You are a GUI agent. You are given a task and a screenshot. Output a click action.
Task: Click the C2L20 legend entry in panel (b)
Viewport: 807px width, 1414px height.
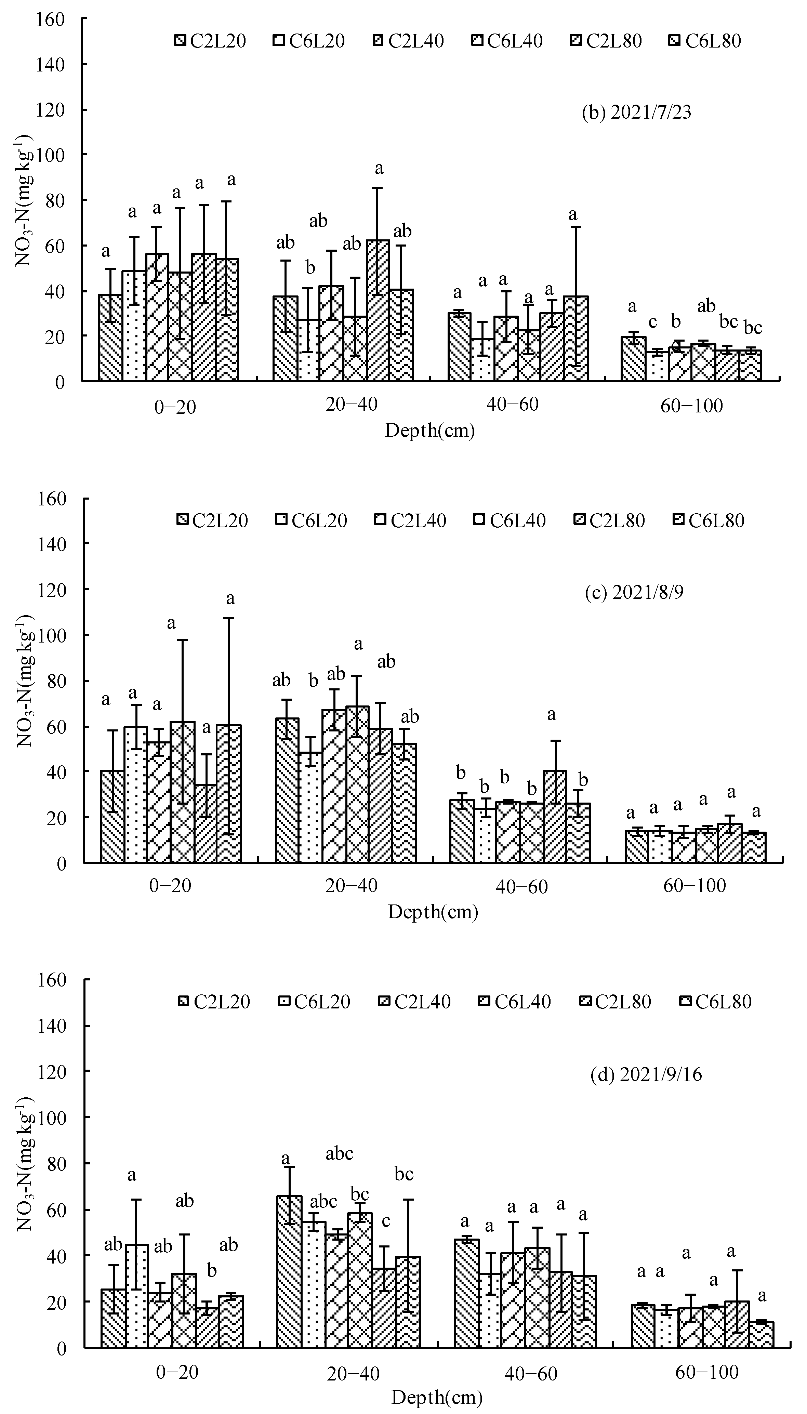[211, 40]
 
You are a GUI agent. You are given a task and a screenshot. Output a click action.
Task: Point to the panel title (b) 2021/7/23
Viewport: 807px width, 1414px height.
[636, 113]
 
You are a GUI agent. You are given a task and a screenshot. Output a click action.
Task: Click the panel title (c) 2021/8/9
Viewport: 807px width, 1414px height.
[634, 593]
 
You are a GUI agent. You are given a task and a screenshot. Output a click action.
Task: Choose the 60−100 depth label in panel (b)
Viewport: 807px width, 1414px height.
[692, 406]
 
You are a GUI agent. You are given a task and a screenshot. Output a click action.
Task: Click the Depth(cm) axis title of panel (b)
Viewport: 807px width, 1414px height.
[430, 431]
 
